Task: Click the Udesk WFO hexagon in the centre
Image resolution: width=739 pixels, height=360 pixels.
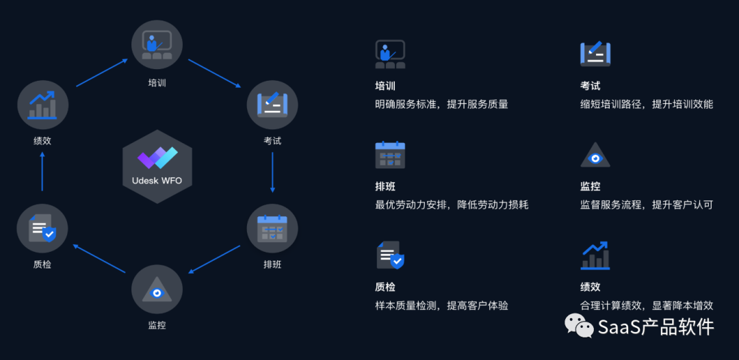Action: (157, 166)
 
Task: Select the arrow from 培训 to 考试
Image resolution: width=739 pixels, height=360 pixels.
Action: (215, 73)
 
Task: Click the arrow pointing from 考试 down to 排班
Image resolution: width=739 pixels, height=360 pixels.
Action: (272, 172)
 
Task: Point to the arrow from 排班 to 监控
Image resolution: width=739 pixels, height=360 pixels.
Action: (215, 259)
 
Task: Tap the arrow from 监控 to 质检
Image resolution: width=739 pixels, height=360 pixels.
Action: (99, 259)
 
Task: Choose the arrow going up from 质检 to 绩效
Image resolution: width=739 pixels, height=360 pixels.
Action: (42, 171)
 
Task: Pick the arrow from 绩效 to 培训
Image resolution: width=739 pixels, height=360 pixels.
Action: (101, 73)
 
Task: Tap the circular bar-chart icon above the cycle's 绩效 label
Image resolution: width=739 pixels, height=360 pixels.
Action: (42, 105)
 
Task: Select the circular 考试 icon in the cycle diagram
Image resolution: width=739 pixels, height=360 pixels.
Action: (272, 105)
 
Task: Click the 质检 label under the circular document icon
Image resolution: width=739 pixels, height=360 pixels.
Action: (42, 264)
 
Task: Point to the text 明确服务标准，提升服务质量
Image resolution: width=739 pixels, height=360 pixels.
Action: (441, 105)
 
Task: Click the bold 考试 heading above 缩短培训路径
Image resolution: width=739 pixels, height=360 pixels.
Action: (590, 86)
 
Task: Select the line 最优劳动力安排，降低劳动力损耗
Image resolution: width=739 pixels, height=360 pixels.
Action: (452, 205)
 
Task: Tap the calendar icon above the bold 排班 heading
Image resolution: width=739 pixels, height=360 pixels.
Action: (390, 155)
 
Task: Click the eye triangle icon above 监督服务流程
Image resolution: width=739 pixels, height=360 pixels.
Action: (595, 156)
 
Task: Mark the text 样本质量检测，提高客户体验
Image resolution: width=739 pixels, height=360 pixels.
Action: (441, 306)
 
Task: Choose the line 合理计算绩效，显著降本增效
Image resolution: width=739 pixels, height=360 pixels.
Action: (647, 306)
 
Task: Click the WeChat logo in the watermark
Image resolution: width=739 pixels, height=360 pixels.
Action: (579, 326)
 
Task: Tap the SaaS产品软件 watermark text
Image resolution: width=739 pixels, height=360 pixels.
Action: (656, 327)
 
